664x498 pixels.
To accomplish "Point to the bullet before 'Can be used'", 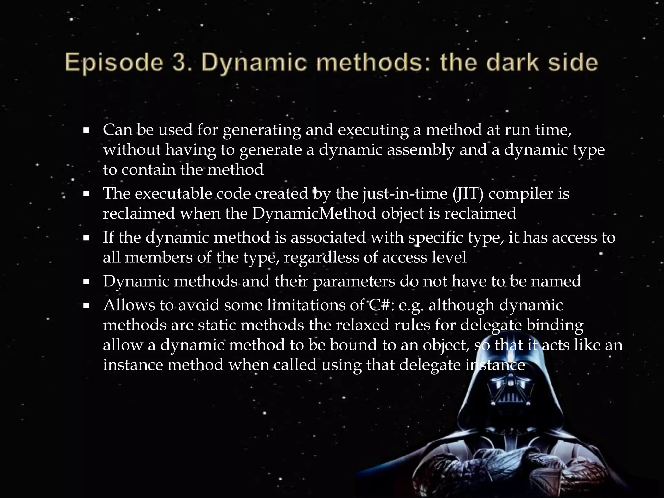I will (x=86, y=131).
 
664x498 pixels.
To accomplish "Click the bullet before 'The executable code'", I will (x=86, y=195).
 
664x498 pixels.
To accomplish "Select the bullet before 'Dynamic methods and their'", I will (x=86, y=282).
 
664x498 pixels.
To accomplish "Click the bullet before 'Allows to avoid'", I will (x=86, y=306).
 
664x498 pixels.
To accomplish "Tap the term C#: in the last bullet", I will (x=381, y=305).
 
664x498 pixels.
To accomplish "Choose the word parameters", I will (x=354, y=281).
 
